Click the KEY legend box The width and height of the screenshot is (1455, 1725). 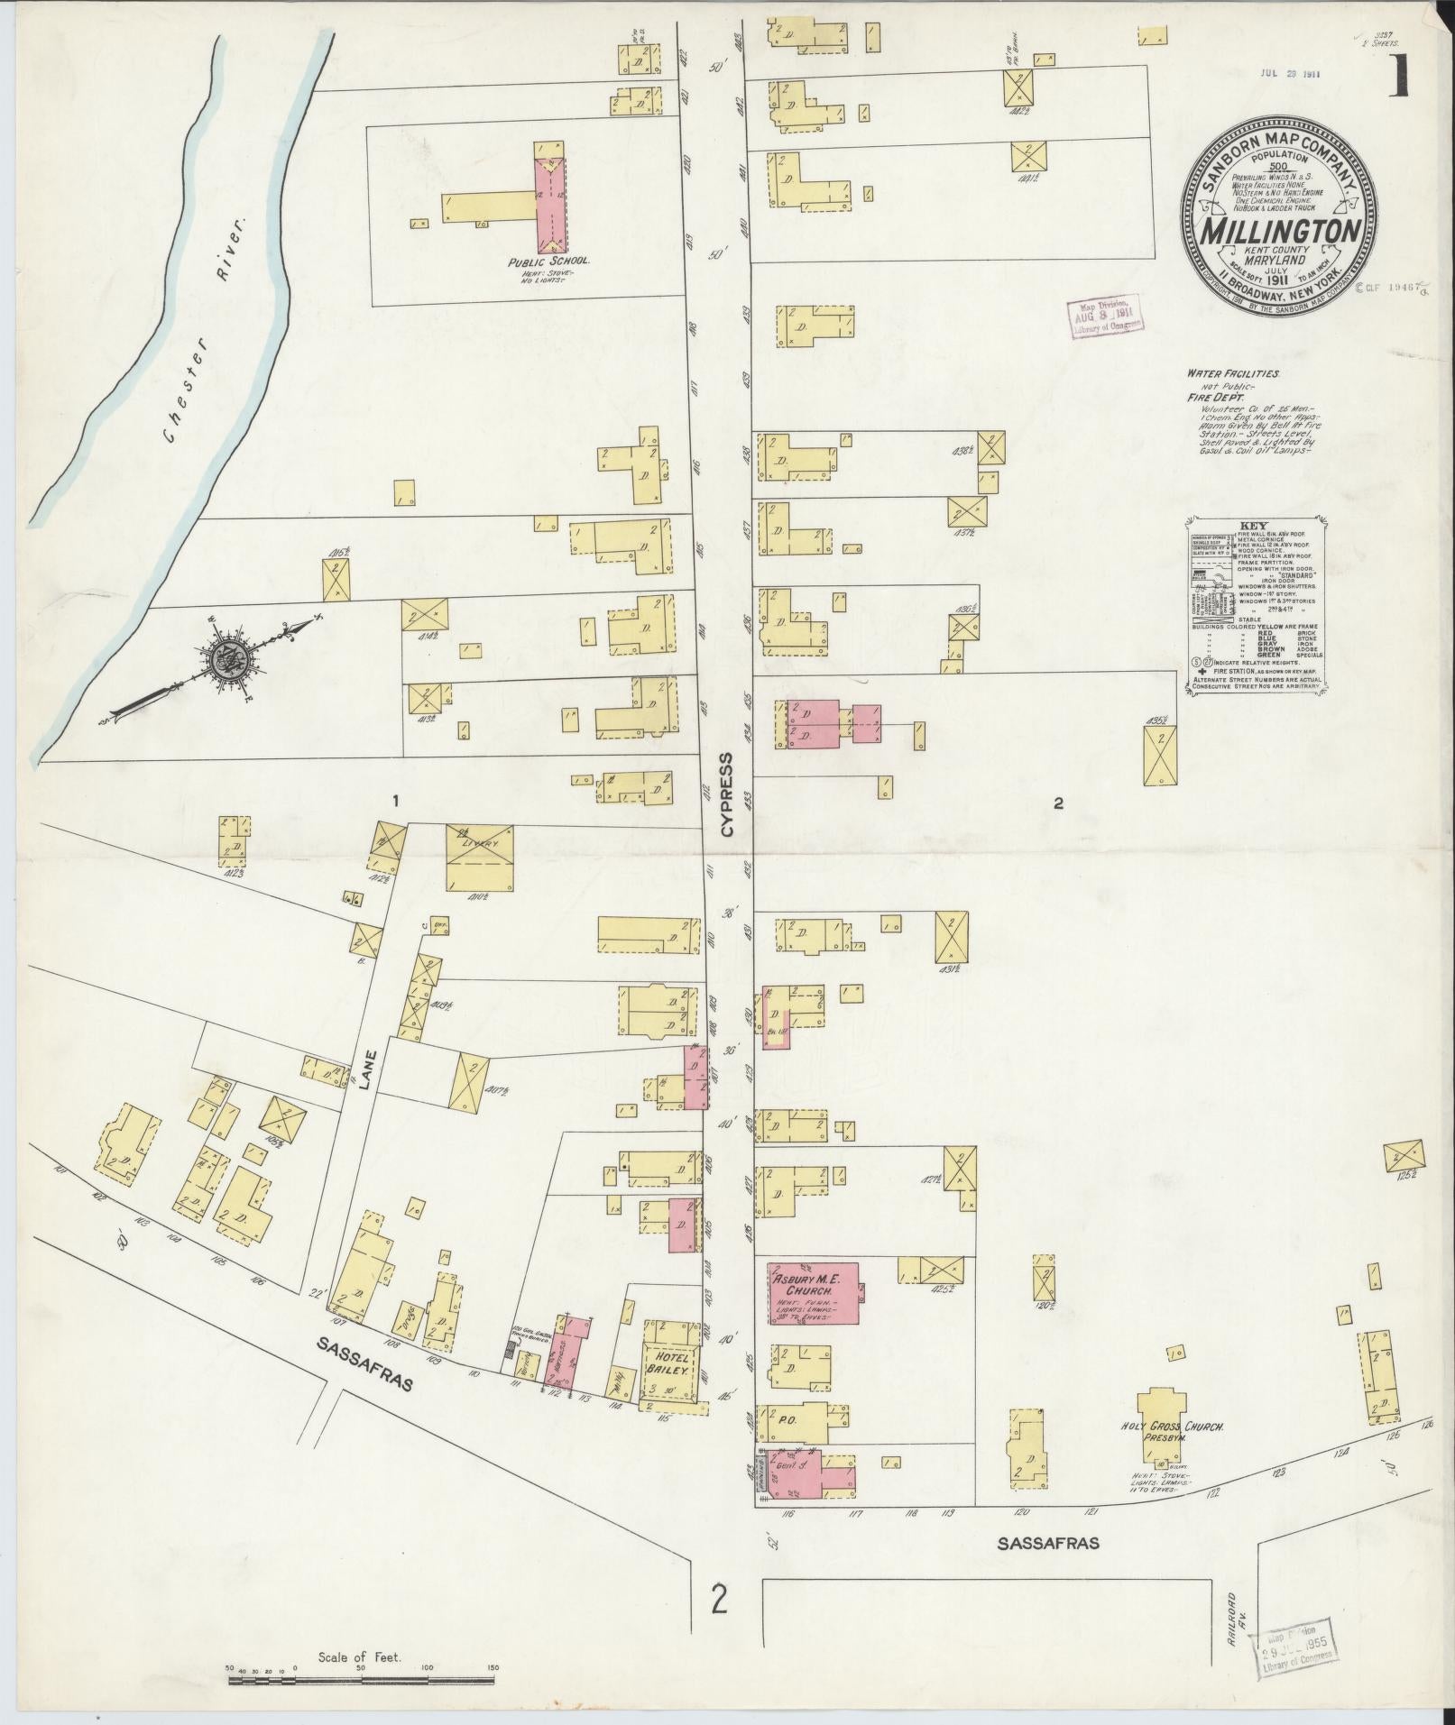[1255, 605]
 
